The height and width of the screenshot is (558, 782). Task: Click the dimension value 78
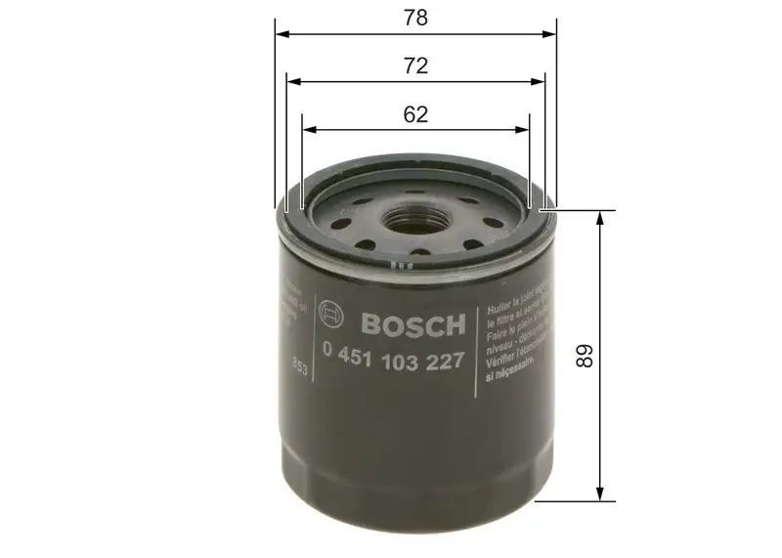[x=415, y=18]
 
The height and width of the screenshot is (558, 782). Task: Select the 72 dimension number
[x=415, y=65]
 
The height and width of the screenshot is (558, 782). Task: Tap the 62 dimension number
[x=415, y=114]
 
